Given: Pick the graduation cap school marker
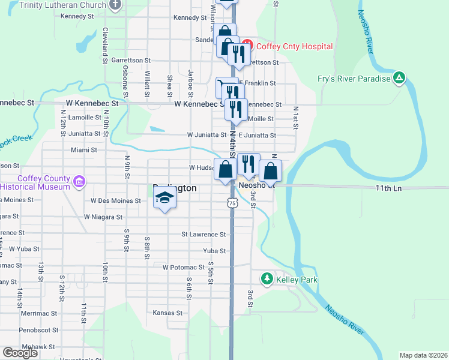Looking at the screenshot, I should coord(163,199).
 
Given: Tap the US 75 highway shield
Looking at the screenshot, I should coord(232,204).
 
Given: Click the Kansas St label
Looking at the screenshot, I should coord(167,313).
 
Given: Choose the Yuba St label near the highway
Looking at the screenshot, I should coord(214,251).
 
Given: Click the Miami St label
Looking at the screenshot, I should coord(83,150).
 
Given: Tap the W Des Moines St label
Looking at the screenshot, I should coord(116,200).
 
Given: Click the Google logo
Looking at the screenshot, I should coord(20,353).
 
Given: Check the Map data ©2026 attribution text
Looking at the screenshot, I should coord(423,355).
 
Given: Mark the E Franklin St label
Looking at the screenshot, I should coord(257,83).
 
